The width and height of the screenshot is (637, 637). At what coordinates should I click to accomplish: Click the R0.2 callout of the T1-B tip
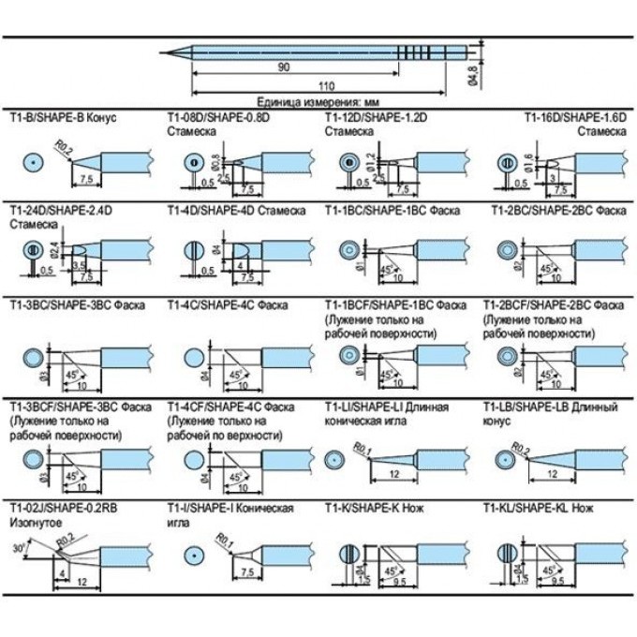[x=64, y=146]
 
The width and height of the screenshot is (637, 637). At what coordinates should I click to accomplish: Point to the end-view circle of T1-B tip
[x=34, y=163]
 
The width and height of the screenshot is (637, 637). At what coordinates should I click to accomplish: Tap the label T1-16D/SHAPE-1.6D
[x=573, y=118]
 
